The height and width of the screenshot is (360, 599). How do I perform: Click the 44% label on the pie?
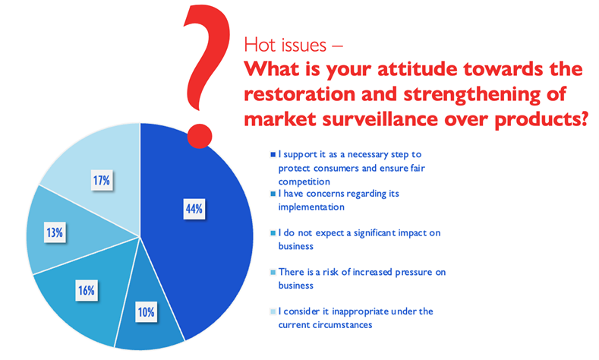tap(194, 209)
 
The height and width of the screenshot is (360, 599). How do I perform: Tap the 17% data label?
tap(102, 180)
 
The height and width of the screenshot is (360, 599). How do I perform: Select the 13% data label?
tap(55, 232)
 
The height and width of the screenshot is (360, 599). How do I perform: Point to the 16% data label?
tap(87, 290)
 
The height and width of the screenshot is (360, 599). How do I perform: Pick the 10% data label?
tap(146, 312)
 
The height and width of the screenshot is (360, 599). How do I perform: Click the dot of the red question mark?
tap(200, 136)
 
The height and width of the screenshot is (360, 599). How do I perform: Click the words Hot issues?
tap(285, 45)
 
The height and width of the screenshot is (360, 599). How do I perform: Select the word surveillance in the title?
tap(380, 118)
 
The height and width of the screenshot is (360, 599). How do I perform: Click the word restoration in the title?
tap(299, 94)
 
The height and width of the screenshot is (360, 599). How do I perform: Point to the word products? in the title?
tap(541, 119)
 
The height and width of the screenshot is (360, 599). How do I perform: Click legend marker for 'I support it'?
tap(273, 155)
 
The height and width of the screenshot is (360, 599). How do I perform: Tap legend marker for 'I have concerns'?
tap(273, 194)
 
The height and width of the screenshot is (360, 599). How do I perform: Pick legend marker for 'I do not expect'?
tap(273, 233)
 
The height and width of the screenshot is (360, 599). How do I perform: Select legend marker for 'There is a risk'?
tap(273, 273)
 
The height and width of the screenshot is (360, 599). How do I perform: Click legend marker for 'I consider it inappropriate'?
tap(273, 311)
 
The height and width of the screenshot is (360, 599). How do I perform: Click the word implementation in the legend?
tap(311, 207)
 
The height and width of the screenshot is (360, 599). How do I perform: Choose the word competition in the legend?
tap(304, 182)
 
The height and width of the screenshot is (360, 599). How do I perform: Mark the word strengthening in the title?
tap(472, 95)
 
